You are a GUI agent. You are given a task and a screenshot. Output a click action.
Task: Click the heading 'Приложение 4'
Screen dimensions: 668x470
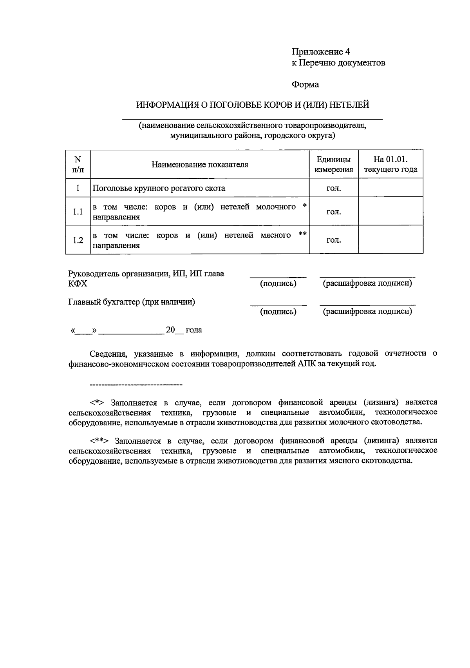[320, 52]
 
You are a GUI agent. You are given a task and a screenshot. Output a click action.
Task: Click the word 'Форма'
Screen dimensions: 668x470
[305, 84]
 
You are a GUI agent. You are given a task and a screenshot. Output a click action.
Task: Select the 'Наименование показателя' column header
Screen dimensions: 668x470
[200, 165]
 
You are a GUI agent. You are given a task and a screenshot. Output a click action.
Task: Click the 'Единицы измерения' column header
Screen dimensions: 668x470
[334, 165]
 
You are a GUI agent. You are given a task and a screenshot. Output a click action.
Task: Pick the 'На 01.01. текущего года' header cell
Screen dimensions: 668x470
[390, 165]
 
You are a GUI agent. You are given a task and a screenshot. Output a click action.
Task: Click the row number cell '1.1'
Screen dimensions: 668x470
[78, 212]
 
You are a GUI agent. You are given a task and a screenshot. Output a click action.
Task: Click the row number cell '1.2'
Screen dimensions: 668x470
[78, 240]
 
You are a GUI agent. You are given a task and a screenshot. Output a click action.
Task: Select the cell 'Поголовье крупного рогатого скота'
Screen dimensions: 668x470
[159, 188]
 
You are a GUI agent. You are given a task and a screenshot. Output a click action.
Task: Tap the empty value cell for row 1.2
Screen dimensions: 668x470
[390, 240]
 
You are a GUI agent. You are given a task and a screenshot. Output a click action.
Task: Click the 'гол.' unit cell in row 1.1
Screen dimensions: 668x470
[334, 212]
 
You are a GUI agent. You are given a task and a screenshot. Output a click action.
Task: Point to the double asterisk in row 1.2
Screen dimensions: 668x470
[302, 234]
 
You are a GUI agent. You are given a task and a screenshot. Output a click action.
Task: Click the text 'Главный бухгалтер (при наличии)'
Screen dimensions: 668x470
[132, 302]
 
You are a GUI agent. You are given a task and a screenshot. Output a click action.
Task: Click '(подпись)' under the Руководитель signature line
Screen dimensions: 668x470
[278, 283]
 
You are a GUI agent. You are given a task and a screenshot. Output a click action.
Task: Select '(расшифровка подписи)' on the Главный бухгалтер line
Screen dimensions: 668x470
[367, 312]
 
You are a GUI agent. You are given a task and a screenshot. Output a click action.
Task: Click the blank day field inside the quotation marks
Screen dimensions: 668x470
[83, 330]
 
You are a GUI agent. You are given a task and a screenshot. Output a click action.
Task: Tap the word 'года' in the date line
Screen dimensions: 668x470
[194, 330]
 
